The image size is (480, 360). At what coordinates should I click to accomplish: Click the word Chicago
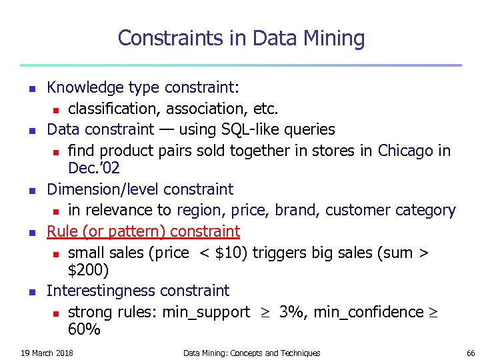(405, 150)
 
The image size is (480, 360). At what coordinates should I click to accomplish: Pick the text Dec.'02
(94, 167)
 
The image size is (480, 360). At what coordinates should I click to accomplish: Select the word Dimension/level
(103, 189)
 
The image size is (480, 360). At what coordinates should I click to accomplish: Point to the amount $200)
(89, 270)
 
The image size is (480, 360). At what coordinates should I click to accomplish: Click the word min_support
(206, 312)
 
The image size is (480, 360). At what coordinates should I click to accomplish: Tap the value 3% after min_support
(292, 312)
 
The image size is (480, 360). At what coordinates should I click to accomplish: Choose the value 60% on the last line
(84, 329)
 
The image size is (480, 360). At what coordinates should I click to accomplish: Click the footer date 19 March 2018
(47, 353)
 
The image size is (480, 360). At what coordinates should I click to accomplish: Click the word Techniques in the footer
(298, 353)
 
